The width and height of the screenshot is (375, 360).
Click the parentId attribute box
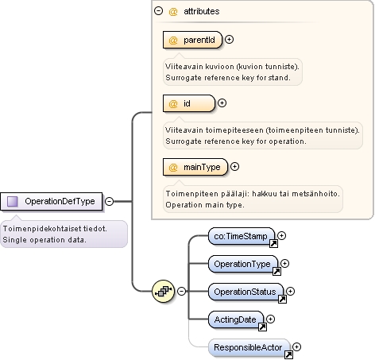coord(192,40)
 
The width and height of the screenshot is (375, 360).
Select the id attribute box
coord(189,103)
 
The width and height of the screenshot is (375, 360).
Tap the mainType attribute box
coord(195,167)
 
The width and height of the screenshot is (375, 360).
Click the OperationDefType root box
coord(51,201)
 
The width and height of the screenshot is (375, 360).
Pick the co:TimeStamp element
coord(242,236)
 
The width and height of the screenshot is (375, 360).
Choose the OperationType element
coord(243,264)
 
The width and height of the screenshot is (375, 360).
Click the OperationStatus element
coord(245,292)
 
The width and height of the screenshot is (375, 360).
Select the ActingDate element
coord(236,319)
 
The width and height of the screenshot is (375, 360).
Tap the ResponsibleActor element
coord(249,347)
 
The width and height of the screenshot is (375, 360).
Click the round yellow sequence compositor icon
coord(164,292)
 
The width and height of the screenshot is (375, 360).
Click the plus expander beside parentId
coord(230,40)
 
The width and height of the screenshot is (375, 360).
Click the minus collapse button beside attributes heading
coord(158,10)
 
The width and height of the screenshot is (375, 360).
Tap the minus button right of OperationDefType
coord(109,201)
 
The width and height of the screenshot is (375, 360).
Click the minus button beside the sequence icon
coord(181,292)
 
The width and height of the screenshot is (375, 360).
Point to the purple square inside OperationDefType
coord(12,201)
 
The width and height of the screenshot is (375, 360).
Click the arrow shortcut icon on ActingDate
coord(262,327)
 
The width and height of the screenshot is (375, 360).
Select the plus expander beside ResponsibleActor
coord(297,346)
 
